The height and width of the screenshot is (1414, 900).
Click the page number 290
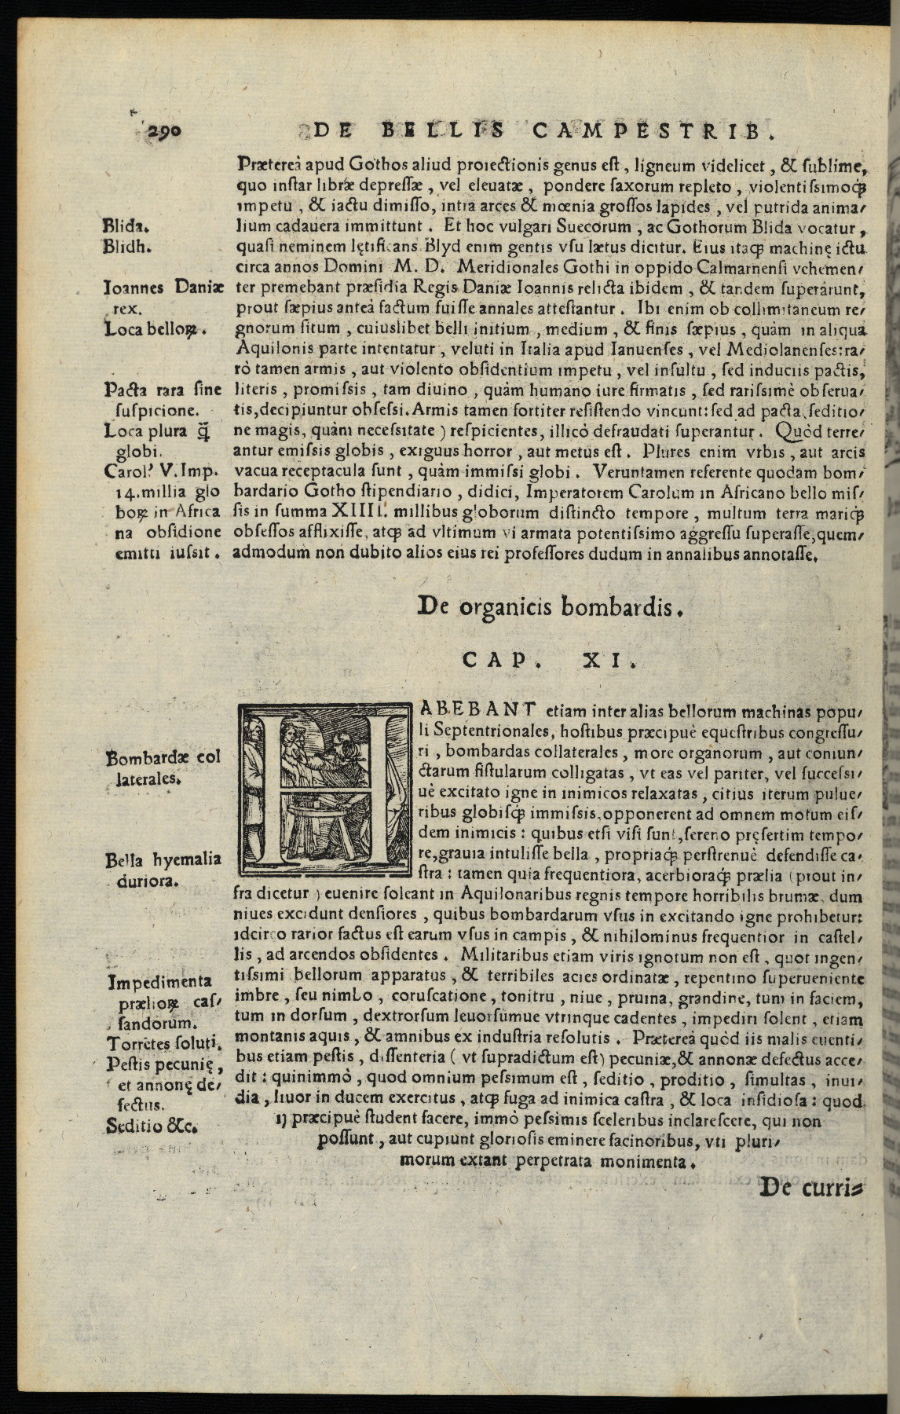coord(163,131)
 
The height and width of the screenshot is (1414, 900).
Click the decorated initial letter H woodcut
coord(324,789)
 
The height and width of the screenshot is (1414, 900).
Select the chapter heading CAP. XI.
coord(550,661)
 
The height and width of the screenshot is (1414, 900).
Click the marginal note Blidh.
coord(127,245)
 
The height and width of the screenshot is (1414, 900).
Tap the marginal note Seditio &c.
coord(151,1125)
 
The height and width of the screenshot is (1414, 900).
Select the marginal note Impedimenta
coord(160,981)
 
